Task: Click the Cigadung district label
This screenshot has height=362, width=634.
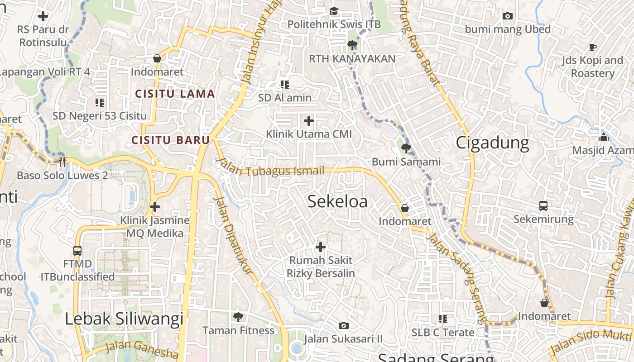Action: pyautogui.click(x=492, y=143)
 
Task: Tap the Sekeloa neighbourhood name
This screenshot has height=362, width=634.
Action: pyautogui.click(x=337, y=202)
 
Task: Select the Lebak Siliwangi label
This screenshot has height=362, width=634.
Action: pyautogui.click(x=124, y=319)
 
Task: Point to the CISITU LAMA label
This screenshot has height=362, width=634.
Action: pyautogui.click(x=175, y=94)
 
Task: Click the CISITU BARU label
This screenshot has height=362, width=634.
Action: pyautogui.click(x=171, y=140)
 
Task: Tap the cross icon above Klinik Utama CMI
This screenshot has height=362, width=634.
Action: pyautogui.click(x=309, y=121)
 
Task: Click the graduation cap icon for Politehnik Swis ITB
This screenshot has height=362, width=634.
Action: pyautogui.click(x=334, y=11)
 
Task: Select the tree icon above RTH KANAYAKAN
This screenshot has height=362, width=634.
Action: pyautogui.click(x=352, y=45)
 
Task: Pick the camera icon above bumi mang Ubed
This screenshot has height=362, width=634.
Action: pyautogui.click(x=508, y=16)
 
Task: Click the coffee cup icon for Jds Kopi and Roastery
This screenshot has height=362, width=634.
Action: pyautogui.click(x=593, y=47)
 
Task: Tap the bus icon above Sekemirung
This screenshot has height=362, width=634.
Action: pyautogui.click(x=543, y=206)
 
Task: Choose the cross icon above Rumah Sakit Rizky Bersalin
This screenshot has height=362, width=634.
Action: pyautogui.click(x=321, y=247)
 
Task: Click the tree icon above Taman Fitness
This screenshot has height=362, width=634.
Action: pyautogui.click(x=238, y=317)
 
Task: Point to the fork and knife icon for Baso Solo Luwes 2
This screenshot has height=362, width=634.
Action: pyautogui.click(x=62, y=162)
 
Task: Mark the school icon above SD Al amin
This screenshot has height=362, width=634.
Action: pyautogui.click(x=285, y=85)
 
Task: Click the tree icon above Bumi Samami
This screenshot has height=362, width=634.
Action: pyautogui.click(x=406, y=148)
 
